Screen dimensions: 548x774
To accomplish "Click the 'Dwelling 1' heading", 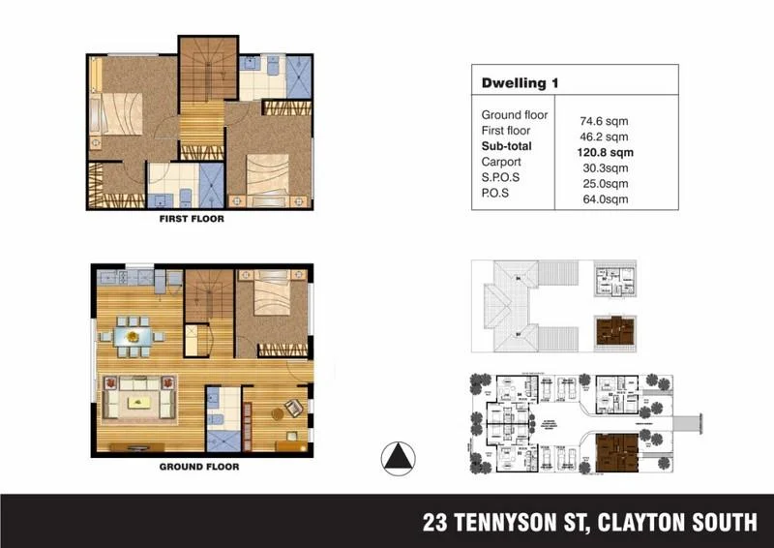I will click(x=520, y=83).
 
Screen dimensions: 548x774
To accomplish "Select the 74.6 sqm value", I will click(x=604, y=122).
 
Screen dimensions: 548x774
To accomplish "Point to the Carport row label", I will click(x=501, y=162).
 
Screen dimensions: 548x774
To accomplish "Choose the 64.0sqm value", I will click(x=604, y=199).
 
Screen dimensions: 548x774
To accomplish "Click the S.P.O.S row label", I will click(x=500, y=177).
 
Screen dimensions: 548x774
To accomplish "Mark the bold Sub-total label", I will click(x=507, y=146).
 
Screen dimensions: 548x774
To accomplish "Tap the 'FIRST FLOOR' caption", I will click(x=192, y=220).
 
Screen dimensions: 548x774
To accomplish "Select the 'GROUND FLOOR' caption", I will click(x=198, y=466).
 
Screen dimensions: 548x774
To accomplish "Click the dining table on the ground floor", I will click(x=135, y=335).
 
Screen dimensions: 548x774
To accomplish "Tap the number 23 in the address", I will click(x=436, y=523).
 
